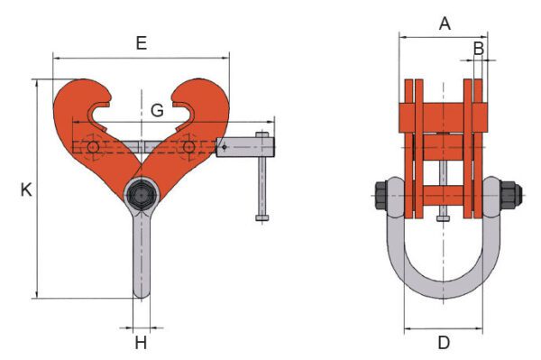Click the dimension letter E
point(142,43)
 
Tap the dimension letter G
point(157,110)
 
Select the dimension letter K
point(26,189)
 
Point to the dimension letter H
point(141,343)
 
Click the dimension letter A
point(445,23)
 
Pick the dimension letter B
point(479,49)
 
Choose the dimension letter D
point(444,343)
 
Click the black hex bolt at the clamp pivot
point(142,196)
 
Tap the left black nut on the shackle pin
point(381,196)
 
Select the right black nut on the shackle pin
point(511,196)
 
